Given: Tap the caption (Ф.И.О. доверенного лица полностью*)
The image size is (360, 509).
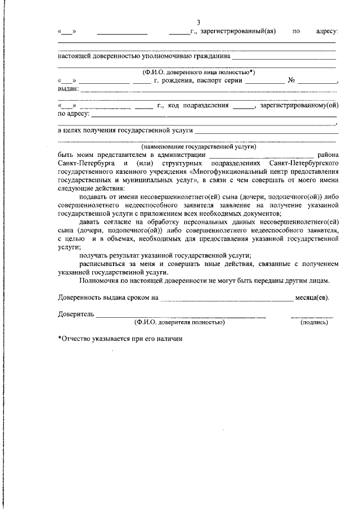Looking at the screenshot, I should [x=198, y=72].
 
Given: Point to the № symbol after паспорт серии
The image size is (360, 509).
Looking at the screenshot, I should [x=292, y=80].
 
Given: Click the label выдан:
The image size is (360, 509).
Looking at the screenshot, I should [x=68, y=89].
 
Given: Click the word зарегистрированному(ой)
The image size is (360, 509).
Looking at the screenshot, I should [x=300, y=105].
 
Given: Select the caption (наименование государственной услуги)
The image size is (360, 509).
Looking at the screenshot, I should [x=199, y=146].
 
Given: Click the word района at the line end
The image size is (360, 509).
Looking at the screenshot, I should [x=328, y=154].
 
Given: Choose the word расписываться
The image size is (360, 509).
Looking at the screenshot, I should [x=105, y=263].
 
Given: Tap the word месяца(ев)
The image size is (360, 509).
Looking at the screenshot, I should [x=312, y=297].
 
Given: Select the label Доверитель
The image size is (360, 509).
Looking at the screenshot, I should [x=75, y=314].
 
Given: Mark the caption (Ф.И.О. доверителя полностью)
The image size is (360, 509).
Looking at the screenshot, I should [x=179, y=322].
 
